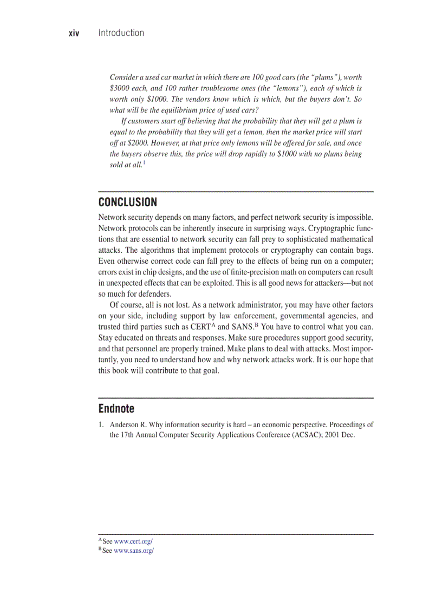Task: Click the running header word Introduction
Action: [121, 33]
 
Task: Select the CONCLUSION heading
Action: [128, 202]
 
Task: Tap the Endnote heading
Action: [116, 408]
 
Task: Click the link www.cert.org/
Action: [133, 541]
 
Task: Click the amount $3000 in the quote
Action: [120, 88]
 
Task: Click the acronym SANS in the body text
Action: [242, 327]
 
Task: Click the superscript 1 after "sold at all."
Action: [144, 162]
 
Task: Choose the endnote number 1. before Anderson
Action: [101, 425]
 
